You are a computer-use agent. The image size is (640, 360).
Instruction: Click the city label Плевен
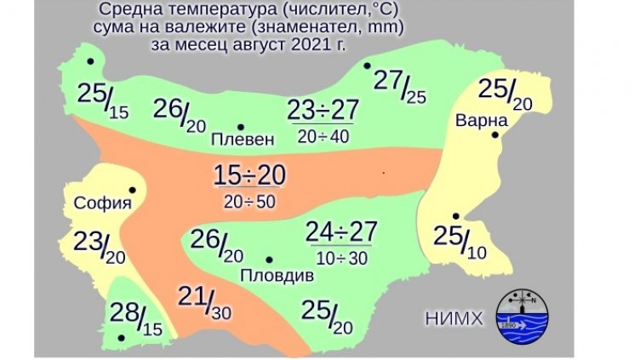point(243,139)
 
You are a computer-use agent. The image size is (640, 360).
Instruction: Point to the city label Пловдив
point(277,276)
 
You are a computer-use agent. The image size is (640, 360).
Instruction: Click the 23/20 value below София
point(99,246)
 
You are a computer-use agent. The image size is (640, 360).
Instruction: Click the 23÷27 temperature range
point(323,111)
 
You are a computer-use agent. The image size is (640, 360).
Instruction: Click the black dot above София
point(132,191)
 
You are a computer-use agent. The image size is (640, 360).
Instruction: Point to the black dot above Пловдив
point(269,260)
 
